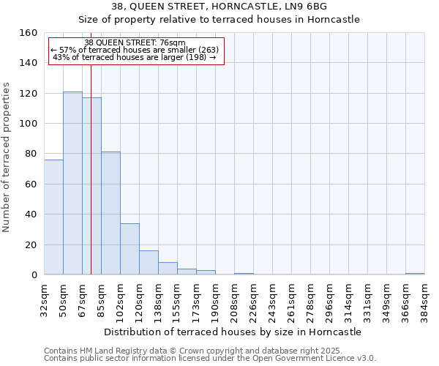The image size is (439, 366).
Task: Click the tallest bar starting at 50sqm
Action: [72, 183]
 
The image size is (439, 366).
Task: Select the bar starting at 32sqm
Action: [53, 217]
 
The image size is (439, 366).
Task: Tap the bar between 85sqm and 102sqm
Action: [110, 213]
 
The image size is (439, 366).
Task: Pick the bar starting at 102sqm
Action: [130, 249]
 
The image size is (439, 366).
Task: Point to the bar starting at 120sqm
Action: [149, 263]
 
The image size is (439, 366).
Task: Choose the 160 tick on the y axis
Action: [29, 33]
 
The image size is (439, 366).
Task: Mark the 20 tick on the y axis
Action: [31, 245]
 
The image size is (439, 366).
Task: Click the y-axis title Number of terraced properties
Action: [7, 154]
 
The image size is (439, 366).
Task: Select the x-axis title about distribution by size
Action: [233, 332]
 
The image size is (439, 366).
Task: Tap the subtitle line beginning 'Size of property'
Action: [219, 20]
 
